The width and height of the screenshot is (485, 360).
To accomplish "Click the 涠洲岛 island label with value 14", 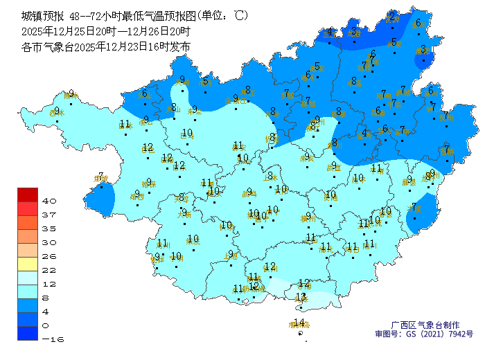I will (x=299, y=323).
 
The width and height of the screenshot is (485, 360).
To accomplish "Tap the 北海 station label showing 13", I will (x=301, y=297).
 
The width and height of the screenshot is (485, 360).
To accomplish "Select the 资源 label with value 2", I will (x=392, y=16).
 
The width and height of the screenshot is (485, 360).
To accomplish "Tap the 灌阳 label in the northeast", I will (x=423, y=50).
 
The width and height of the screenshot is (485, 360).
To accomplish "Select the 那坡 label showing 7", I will (x=101, y=177).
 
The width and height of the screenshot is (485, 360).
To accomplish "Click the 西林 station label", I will (x=69, y=95).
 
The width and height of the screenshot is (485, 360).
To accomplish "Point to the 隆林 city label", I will (x=143, y=94).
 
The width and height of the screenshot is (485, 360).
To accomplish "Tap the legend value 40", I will (x=49, y=201).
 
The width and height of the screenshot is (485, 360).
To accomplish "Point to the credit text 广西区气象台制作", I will (x=425, y=324).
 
